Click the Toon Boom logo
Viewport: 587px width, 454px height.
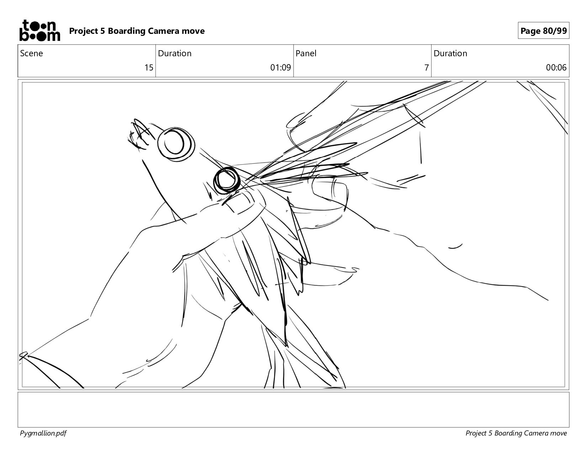40,30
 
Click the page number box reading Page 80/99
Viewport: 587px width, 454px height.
543,31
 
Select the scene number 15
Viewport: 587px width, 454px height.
149,67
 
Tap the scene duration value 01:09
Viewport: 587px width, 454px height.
280,67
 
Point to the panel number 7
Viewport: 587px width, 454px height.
426,67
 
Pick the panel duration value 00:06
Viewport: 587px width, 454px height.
556,67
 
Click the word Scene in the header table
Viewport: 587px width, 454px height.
31,53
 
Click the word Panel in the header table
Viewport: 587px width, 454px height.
306,53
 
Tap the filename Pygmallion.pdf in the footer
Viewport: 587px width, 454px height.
43,433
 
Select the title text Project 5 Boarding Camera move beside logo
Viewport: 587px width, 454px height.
137,31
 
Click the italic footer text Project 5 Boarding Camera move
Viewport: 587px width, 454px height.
516,433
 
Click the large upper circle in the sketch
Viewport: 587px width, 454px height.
176,144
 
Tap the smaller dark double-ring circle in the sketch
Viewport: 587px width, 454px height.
226,180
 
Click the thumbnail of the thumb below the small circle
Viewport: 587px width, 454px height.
239,201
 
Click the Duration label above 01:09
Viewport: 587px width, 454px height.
175,53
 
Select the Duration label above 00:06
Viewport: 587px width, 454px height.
450,53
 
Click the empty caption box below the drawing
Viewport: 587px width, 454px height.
293,409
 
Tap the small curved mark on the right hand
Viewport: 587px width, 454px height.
455,246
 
